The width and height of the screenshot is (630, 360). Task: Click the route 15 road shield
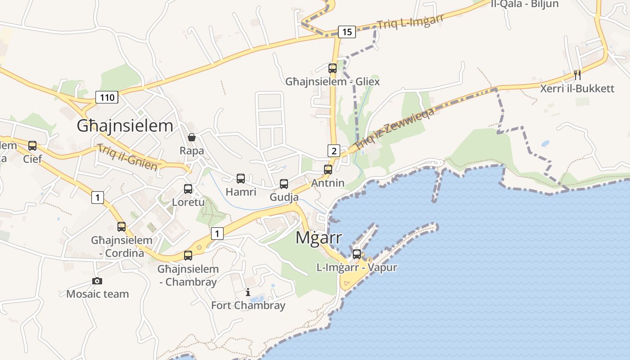coord(346,31)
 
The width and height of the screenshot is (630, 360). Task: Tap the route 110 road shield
coord(107,97)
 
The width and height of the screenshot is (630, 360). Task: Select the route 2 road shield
coord(333,151)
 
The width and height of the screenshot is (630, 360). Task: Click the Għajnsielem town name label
coord(125,126)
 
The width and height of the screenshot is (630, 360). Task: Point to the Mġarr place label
coord(319,238)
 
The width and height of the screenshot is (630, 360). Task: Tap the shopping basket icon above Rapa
coord(192,137)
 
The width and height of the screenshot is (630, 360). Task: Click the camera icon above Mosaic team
coord(97,281)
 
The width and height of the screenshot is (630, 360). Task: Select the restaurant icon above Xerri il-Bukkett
coord(577,75)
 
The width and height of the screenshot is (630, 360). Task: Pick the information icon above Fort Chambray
coord(248,292)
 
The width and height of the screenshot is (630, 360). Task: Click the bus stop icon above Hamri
coord(241,179)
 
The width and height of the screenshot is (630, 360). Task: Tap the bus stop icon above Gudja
coord(284,184)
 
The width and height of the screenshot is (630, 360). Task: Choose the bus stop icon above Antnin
coord(328,170)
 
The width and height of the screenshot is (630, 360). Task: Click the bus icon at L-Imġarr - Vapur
coord(357,254)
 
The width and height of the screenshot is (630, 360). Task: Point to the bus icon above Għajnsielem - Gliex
coord(333,68)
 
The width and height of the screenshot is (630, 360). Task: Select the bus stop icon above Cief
coord(32,146)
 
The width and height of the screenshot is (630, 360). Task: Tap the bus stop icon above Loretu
coord(188,189)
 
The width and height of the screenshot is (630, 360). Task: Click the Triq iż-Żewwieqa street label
coord(394,129)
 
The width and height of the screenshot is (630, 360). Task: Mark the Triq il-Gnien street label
coord(127,157)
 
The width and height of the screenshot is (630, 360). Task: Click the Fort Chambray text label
coord(248,306)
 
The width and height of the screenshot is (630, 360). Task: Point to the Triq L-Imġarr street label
coord(410,21)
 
